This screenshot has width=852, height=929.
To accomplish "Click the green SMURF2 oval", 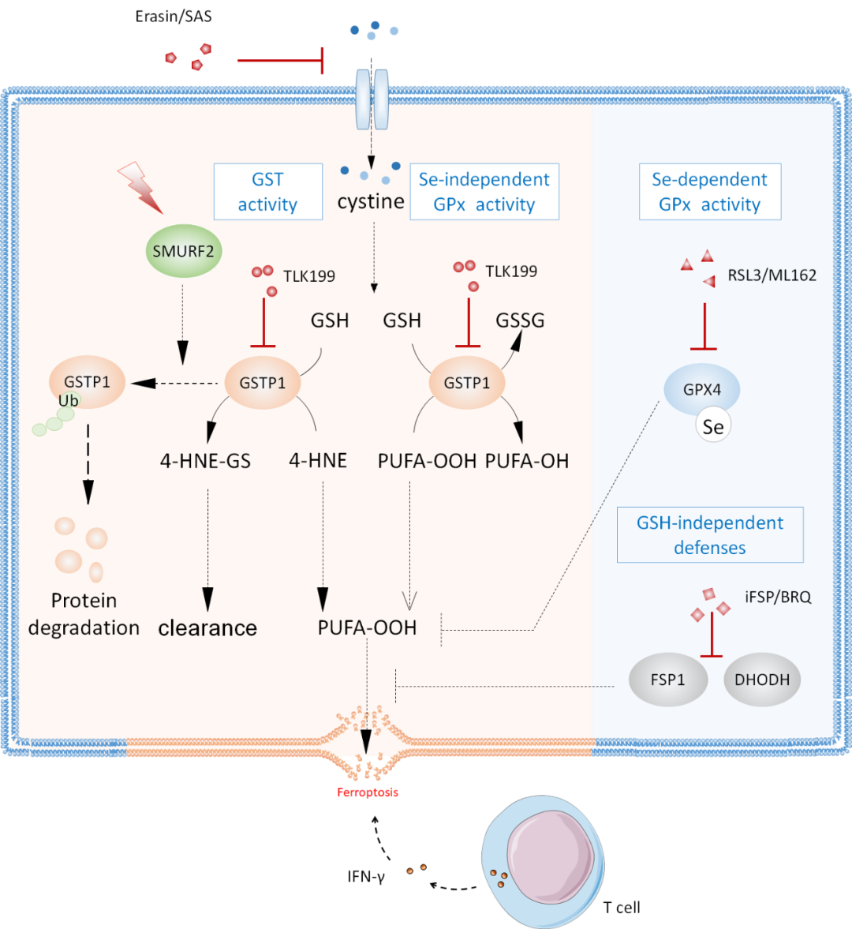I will click(183, 252).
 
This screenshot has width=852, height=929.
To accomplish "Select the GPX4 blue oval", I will click(701, 389).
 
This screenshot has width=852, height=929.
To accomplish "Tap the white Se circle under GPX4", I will click(713, 427).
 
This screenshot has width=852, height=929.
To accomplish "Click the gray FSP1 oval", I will click(667, 680).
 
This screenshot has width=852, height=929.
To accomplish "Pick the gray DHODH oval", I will click(761, 680).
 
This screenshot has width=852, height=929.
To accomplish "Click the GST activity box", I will click(268, 192).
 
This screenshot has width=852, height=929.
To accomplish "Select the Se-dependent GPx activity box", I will click(709, 192).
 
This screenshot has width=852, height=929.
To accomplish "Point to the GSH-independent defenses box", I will click(709, 535).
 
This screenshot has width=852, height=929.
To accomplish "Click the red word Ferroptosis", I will click(368, 792).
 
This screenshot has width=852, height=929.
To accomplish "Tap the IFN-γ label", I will click(366, 876).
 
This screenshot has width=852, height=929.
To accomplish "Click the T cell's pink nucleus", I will click(550, 860).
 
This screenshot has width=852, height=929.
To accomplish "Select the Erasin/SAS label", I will click(174, 17).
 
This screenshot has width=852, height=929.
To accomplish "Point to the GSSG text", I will click(520, 320).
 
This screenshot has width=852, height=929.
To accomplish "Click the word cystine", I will click(371, 202).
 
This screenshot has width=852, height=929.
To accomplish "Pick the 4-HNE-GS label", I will click(205, 461).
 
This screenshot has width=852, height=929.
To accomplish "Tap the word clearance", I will click(207, 628).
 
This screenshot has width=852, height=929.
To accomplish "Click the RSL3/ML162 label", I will click(772, 275).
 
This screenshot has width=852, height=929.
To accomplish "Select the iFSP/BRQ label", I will click(777, 597).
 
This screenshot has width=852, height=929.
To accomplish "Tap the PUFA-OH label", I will click(527, 461).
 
